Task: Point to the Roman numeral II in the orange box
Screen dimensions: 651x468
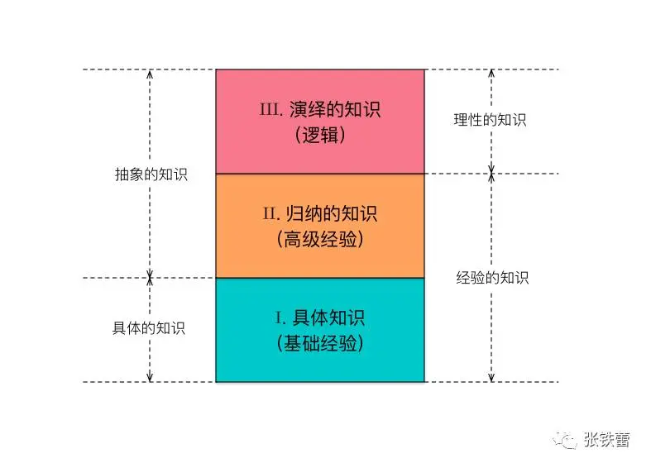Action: (x=272, y=213)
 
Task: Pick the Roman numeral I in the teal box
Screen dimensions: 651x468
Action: (x=280, y=318)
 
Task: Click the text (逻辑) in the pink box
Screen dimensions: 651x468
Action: (x=319, y=135)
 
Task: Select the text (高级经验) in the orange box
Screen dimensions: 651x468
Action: (x=319, y=240)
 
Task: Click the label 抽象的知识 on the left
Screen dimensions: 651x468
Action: (x=151, y=174)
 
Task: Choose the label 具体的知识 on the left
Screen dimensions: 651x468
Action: (x=149, y=327)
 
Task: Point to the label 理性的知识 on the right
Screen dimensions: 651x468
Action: (x=490, y=119)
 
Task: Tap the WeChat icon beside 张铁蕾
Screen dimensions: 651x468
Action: (x=567, y=439)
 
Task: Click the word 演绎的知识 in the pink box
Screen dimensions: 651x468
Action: (x=336, y=108)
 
